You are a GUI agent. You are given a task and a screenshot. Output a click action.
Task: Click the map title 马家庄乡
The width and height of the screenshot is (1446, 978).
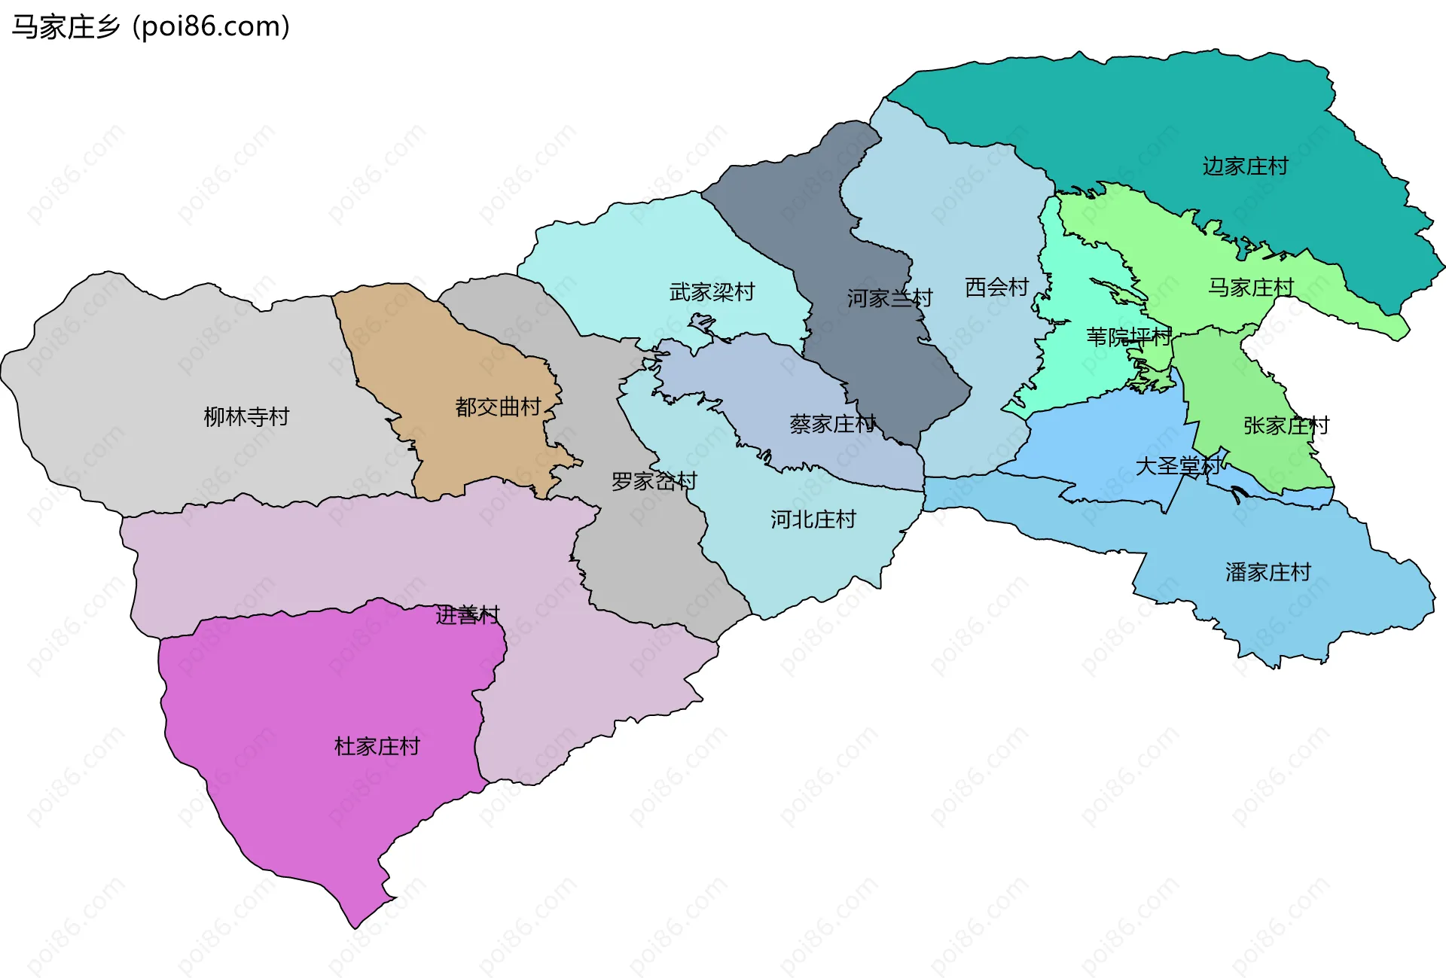pos(66,27)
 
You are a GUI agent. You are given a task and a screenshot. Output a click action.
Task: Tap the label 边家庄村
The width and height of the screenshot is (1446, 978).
pos(1245,166)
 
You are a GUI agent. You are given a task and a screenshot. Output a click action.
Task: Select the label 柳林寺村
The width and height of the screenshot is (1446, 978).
pos(246,416)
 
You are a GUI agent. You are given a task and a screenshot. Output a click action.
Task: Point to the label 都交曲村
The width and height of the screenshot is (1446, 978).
pos(498,407)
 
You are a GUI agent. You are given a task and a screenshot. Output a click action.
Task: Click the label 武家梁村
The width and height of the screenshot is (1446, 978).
pos(712,292)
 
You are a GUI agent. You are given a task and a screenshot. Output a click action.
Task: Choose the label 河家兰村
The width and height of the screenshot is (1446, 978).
pos(889,299)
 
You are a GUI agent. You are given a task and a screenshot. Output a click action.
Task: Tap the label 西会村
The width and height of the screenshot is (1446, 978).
pos(996,287)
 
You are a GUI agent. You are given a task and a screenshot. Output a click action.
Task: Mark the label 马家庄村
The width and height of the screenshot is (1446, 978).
pos(1251,287)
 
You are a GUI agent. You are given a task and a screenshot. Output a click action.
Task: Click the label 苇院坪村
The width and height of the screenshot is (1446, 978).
pos(1128,337)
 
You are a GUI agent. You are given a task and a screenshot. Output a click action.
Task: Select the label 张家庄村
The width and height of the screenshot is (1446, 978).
pos(1286,425)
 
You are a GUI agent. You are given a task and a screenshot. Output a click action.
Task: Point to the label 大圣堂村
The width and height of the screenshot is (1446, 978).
pos(1178,466)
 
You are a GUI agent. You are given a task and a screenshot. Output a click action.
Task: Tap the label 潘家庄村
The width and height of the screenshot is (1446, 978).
pos(1268,572)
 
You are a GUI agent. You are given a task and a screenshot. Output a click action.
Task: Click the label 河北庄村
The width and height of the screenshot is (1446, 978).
pos(813,519)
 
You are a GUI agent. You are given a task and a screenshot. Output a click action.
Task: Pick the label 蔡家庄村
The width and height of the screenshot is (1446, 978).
pos(832,425)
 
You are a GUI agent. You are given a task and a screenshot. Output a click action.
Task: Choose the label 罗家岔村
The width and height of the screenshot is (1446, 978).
pos(654,481)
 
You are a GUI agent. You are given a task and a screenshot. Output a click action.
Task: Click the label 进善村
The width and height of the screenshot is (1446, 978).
pos(468,615)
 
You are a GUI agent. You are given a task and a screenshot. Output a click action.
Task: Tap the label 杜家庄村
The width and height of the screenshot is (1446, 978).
pos(377,747)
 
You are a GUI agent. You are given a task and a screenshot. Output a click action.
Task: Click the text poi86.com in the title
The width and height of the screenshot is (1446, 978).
pos(211,27)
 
